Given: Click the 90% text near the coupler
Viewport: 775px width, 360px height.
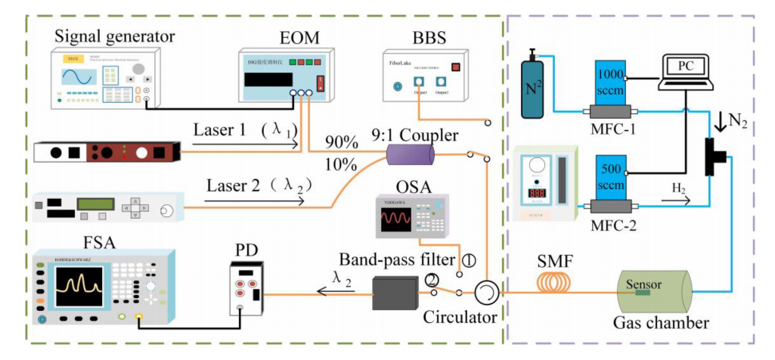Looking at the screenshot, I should click(342, 141).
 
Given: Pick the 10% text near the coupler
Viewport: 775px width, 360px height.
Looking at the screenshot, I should click(342, 163).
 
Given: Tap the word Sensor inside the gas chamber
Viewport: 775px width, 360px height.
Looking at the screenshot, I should click(643, 285).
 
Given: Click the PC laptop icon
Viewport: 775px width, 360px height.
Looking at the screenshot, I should click(686, 76).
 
